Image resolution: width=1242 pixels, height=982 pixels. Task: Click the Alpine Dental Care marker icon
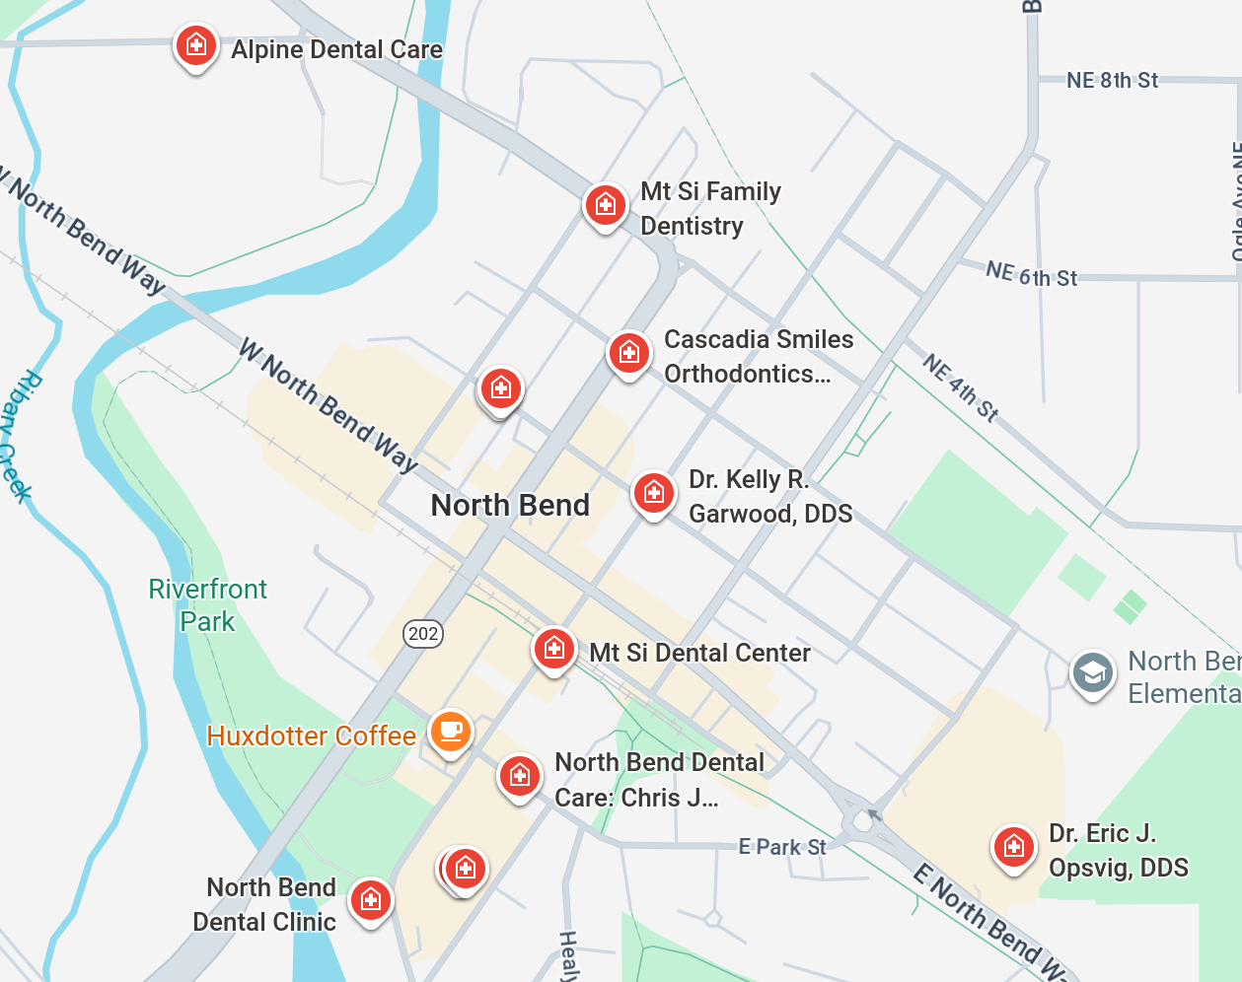195,45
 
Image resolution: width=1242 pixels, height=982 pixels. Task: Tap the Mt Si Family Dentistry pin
605,205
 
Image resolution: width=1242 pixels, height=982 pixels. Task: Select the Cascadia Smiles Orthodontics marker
628,352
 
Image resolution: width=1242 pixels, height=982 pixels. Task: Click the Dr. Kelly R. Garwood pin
653,492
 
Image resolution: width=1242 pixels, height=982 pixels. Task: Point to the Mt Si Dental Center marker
553,649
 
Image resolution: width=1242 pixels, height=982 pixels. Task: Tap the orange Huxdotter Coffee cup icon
451,732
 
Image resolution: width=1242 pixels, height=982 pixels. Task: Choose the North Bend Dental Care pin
519,776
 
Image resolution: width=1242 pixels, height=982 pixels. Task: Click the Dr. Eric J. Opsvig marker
1013,847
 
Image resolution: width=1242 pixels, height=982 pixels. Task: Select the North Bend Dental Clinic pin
371,899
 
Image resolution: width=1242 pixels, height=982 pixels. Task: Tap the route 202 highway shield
423,633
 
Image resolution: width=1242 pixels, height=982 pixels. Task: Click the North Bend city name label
510,505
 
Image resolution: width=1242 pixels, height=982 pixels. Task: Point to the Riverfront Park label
207,605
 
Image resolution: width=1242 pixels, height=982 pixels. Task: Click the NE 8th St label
1112,80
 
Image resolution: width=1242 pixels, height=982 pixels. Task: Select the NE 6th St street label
1031,274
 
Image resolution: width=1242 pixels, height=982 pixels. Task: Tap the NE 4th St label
961,387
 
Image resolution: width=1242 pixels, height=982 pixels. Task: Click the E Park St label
782,847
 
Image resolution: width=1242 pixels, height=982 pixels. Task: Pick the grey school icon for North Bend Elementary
1092,673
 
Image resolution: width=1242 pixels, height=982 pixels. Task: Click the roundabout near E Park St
863,818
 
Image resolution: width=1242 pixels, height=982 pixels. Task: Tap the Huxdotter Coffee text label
311,736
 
